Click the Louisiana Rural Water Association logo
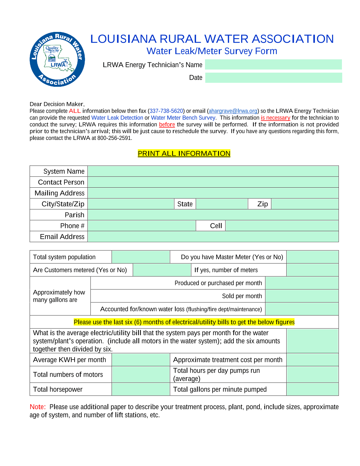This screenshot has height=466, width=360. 57,59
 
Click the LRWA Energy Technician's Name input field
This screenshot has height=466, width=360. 273,64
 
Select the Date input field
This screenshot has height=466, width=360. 273,78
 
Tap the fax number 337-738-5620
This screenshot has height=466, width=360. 166,111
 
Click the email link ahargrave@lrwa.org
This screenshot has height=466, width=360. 233,111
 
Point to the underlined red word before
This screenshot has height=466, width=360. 167,125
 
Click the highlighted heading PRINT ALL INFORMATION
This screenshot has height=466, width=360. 184,153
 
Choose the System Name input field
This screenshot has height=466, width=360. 213,171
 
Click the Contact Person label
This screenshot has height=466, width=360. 61,182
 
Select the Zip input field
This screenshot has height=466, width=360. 305,204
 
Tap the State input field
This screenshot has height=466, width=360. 222,204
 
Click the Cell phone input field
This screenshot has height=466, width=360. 282,226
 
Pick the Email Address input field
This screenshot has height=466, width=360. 213,237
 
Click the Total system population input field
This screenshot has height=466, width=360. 141,257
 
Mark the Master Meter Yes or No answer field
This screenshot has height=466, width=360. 312,257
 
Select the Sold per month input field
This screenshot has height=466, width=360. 302,296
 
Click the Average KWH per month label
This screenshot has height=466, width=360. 69,360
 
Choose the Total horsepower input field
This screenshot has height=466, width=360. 141,389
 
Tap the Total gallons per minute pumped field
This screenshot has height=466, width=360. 312,389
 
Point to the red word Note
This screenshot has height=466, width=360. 38,407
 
